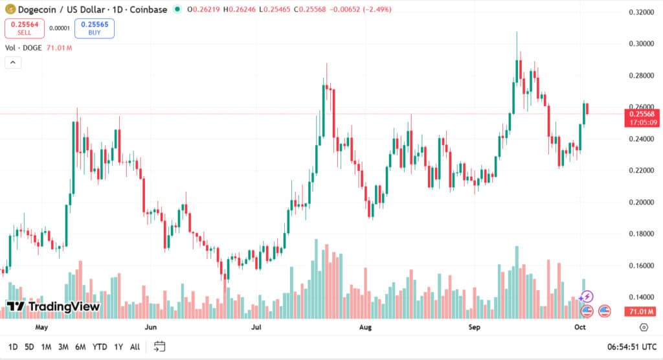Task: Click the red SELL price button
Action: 25,28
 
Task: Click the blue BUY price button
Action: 95,28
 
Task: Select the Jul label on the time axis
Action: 256,327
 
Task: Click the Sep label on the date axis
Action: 474,327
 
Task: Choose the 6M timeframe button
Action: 80,347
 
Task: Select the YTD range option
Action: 100,347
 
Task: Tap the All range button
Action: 135,347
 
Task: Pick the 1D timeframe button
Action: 13,347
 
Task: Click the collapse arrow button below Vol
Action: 13,62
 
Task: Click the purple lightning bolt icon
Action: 586,297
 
